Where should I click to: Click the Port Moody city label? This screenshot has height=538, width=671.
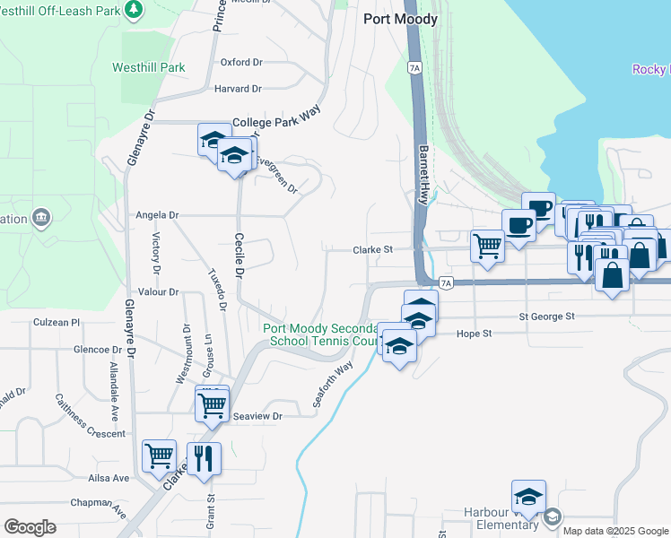pyautogui.click(x=400, y=19)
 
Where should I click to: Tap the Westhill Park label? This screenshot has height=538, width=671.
pyautogui.click(x=149, y=67)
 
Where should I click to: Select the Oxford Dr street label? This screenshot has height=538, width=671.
pyautogui.click(x=240, y=63)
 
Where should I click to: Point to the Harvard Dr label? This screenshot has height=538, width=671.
pyautogui.click(x=237, y=89)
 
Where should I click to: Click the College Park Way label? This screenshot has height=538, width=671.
pyautogui.click(x=276, y=122)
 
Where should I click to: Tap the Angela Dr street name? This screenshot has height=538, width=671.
pyautogui.click(x=157, y=215)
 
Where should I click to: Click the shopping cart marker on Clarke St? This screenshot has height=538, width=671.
pyautogui.click(x=487, y=244)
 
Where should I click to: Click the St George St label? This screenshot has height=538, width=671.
pyautogui.click(x=545, y=317)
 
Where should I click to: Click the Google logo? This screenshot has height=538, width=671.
pyautogui.click(x=30, y=527)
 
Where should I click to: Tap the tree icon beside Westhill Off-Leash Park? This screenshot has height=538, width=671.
pyautogui.click(x=135, y=9)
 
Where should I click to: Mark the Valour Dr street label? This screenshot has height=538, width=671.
pyautogui.click(x=158, y=292)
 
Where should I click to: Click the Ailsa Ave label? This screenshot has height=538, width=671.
pyautogui.click(x=109, y=478)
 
